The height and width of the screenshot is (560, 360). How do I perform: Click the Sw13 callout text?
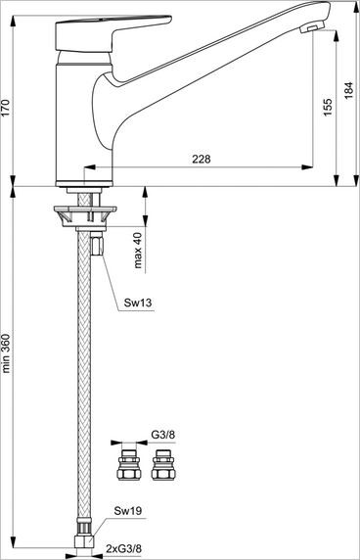point(139,303)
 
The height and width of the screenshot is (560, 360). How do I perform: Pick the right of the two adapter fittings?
point(163,466)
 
